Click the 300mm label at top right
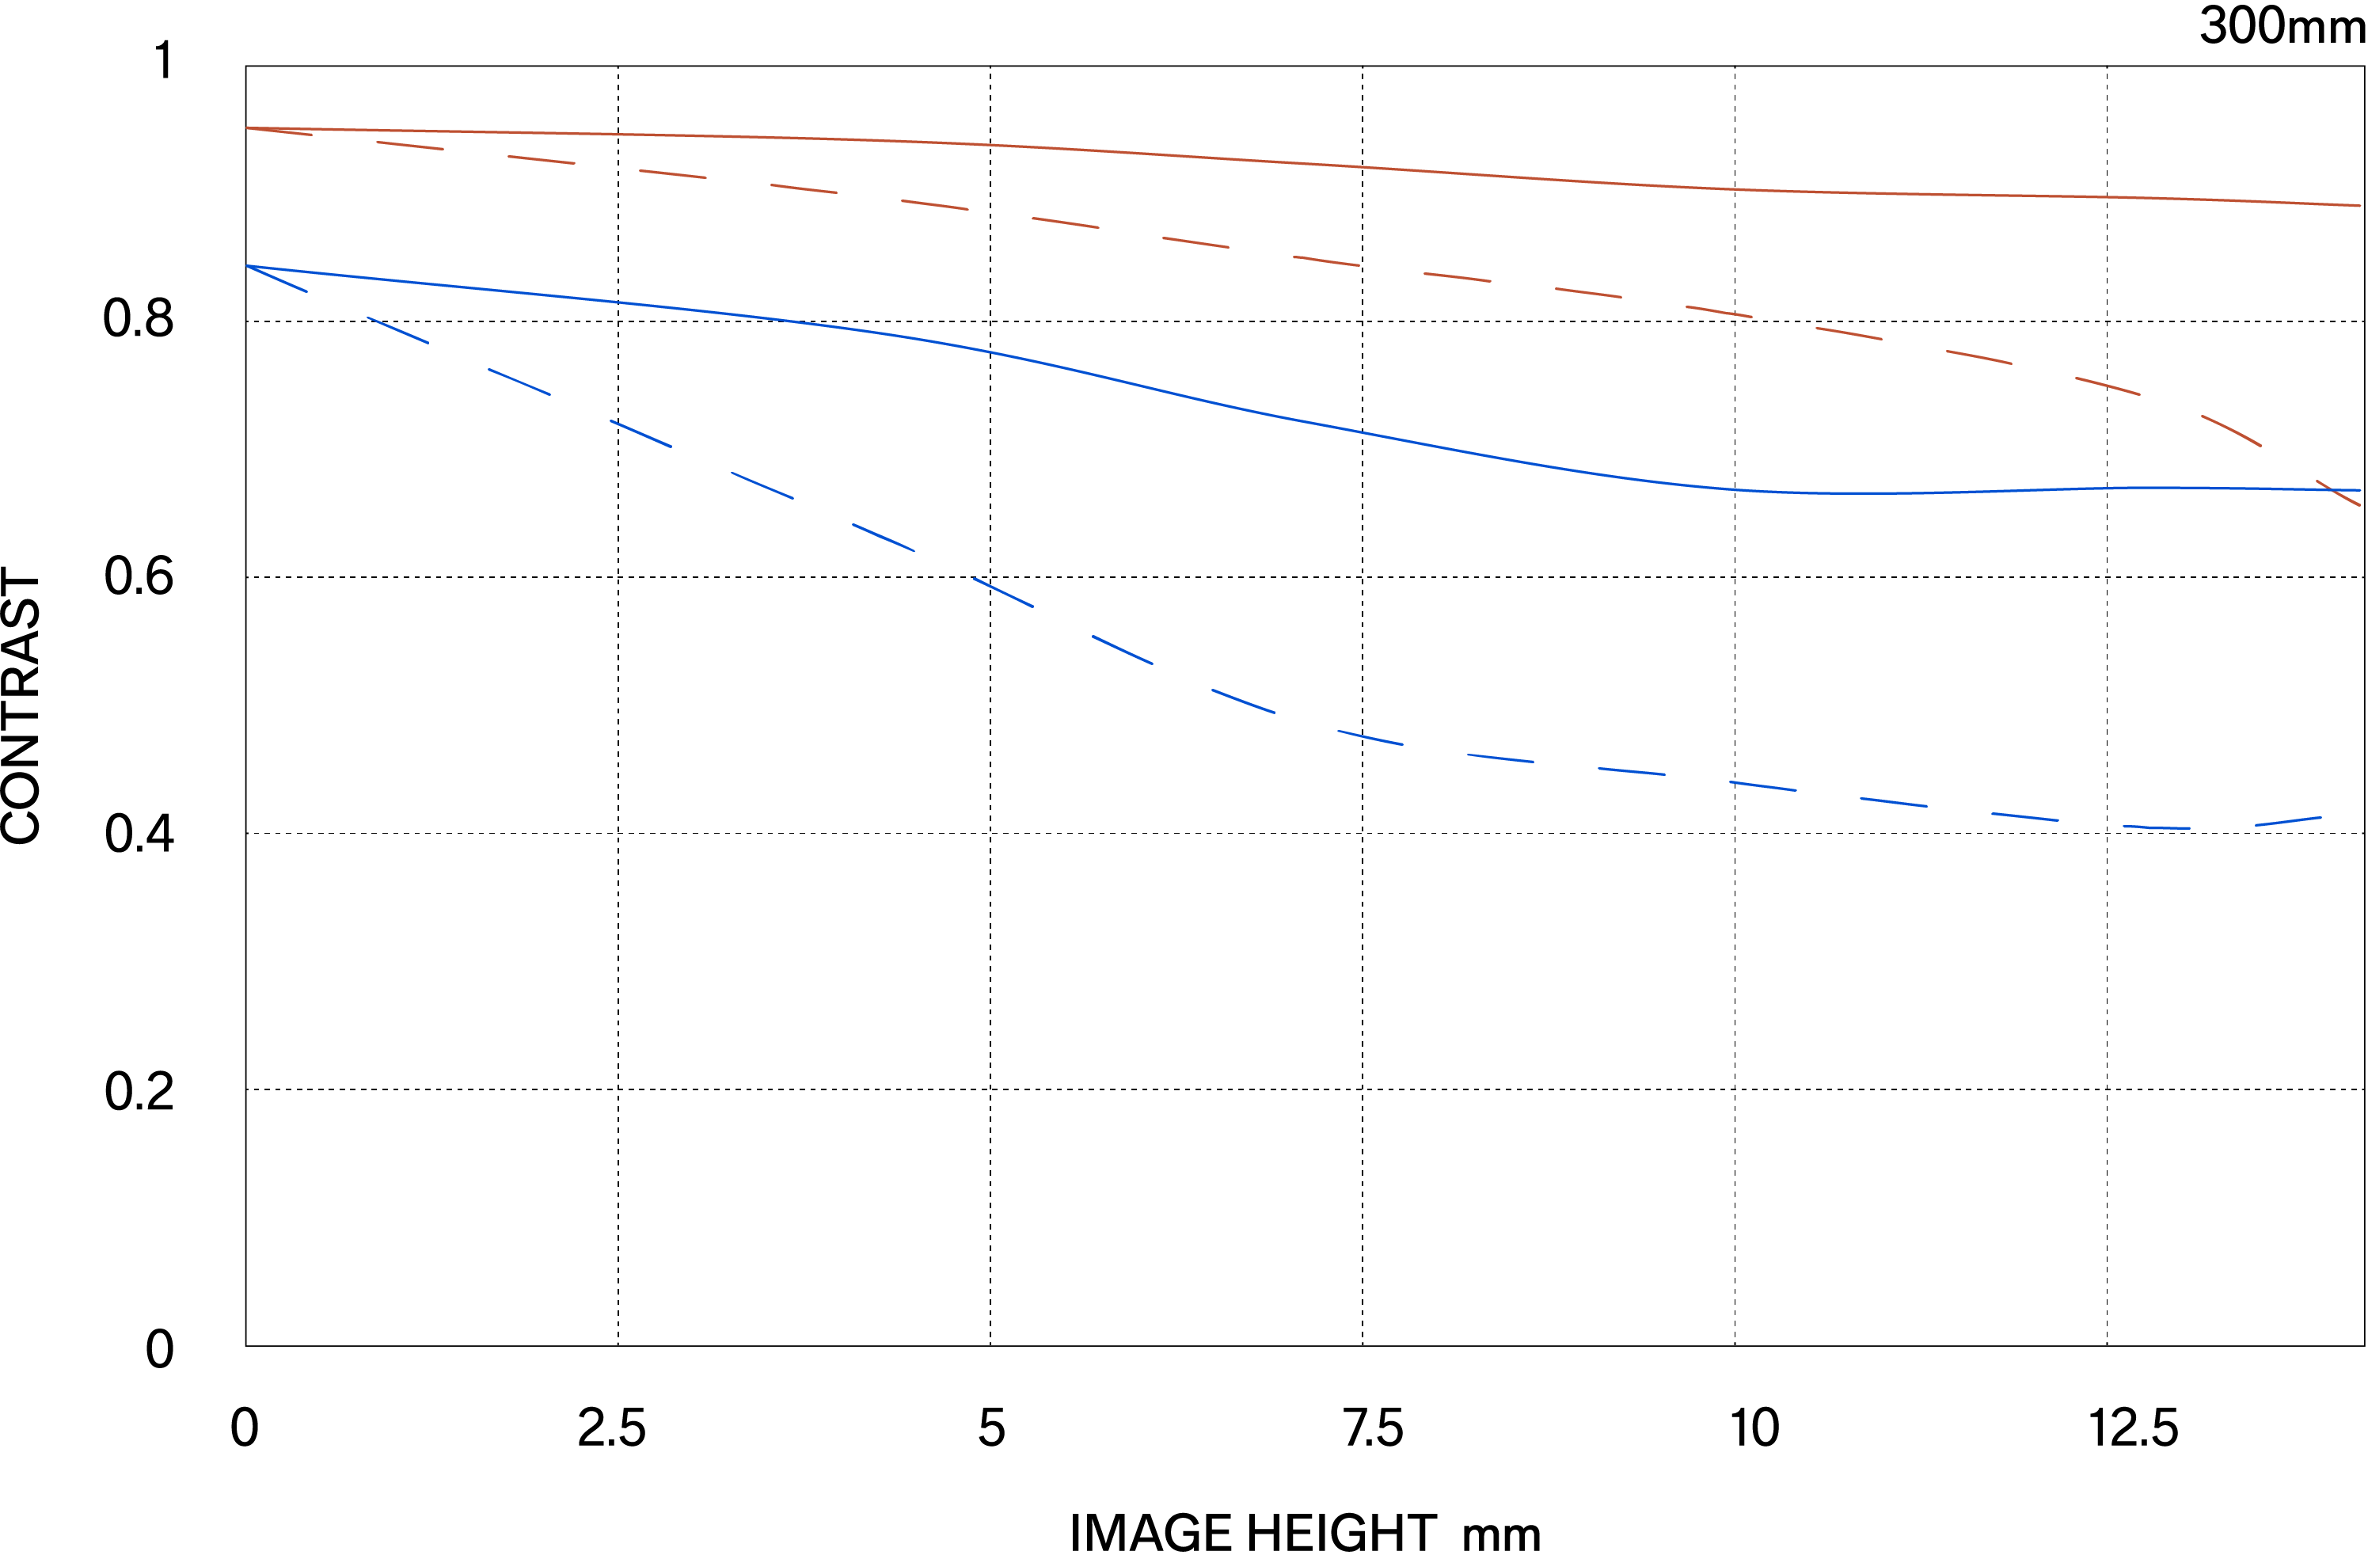[2280, 26]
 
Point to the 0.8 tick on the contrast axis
[139, 319]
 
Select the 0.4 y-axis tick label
[139, 834]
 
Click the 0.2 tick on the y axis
[139, 1091]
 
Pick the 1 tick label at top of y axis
[164, 61]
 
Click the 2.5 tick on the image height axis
[612, 1428]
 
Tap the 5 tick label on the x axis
[991, 1428]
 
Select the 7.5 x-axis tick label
[1373, 1428]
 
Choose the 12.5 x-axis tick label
[2132, 1428]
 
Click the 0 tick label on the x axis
[245, 1428]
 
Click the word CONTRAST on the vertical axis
[22, 706]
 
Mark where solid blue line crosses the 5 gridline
[990, 352]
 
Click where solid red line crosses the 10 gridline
[1735, 189]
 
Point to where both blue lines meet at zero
[247, 266]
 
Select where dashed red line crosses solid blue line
[2334, 489]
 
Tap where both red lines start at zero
[247, 128]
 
